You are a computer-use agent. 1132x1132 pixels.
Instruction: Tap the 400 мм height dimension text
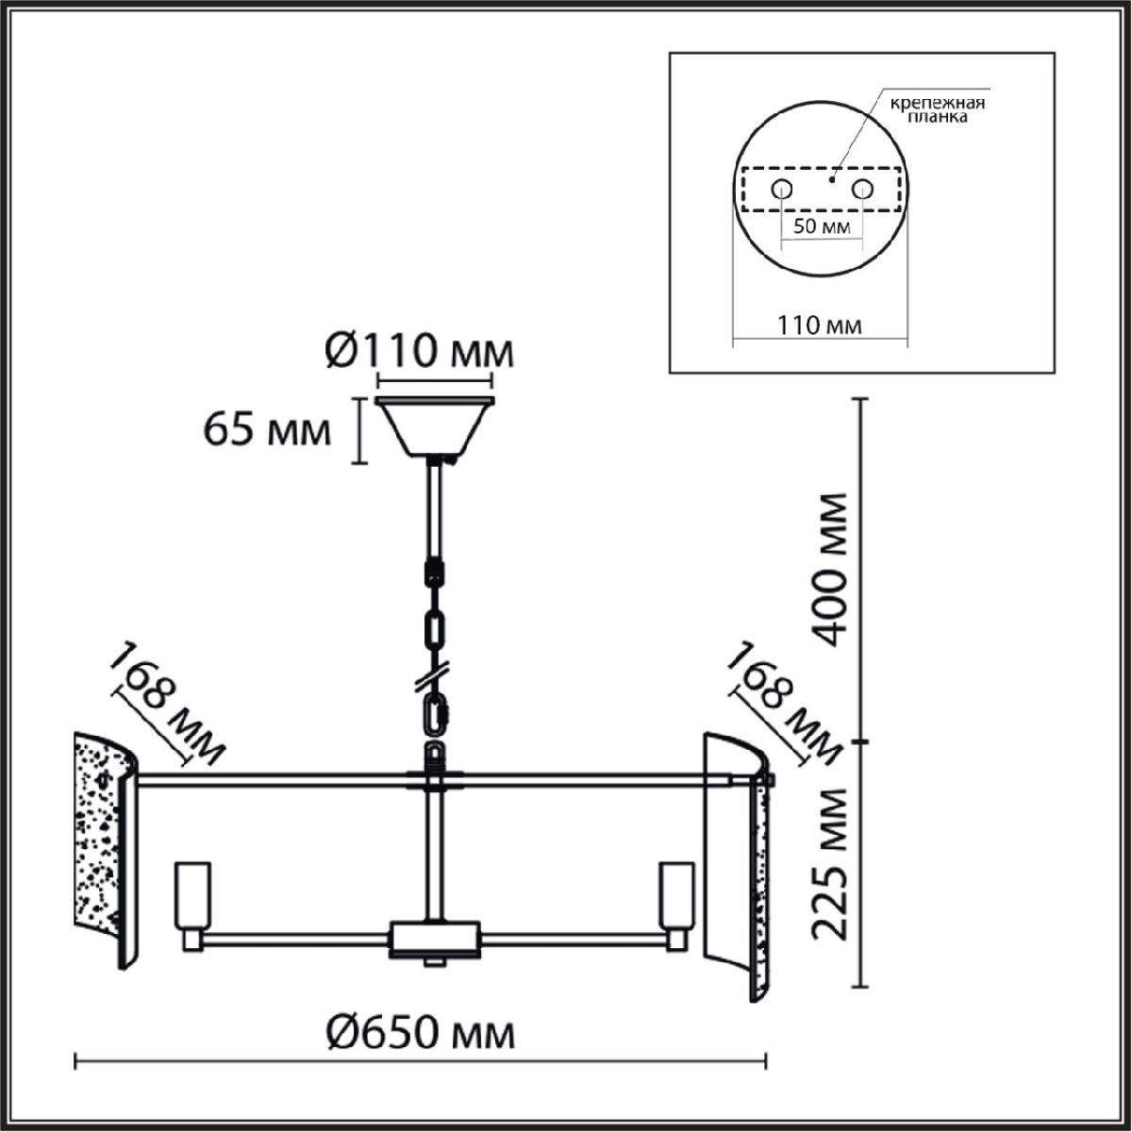(829, 570)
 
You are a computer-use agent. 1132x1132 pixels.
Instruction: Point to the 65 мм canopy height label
(267, 430)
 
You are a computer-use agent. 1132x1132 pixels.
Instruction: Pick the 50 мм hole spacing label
(822, 226)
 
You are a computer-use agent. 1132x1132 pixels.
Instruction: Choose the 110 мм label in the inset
(820, 325)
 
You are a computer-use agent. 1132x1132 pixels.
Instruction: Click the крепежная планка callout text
(938, 109)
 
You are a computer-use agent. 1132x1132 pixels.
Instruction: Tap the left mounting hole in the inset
(782, 190)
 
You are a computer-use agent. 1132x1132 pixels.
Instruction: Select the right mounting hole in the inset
(862, 190)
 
